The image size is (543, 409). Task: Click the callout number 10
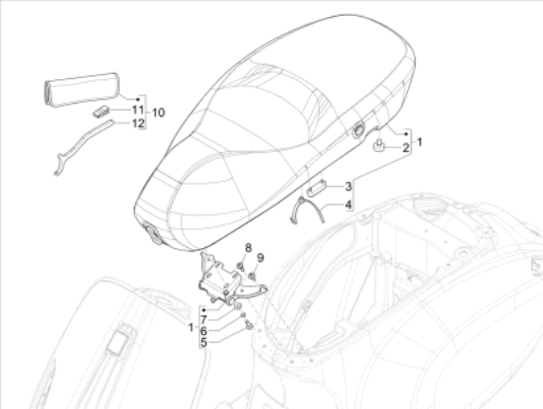pyautogui.click(x=159, y=111)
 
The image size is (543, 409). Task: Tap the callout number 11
pyautogui.click(x=139, y=111)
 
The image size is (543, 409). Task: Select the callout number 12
pyautogui.click(x=139, y=123)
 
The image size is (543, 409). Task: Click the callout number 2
pyautogui.click(x=405, y=149)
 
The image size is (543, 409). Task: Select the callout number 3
pyautogui.click(x=349, y=185)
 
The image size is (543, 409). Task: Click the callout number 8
pyautogui.click(x=249, y=247)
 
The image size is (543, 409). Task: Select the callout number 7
pyautogui.click(x=203, y=318)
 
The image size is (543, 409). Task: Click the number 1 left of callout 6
pyautogui.click(x=189, y=325)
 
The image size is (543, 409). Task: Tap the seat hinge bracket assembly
pyautogui.click(x=224, y=281)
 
